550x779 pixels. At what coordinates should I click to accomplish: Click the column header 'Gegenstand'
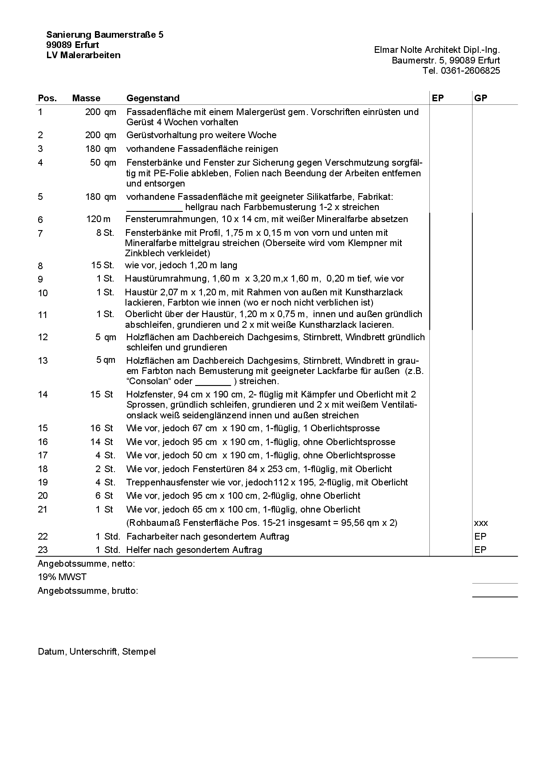click(153, 98)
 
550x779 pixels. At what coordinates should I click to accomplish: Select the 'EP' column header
click(437, 98)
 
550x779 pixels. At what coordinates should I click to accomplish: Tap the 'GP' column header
click(480, 98)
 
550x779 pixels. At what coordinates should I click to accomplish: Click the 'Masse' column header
click(86, 98)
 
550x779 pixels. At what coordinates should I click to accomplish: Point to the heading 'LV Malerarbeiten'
click(83, 56)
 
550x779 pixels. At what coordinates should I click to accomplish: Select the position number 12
click(43, 337)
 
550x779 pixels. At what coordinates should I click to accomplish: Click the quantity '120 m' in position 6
click(98, 219)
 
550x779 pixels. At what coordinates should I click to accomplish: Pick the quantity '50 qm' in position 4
click(103, 163)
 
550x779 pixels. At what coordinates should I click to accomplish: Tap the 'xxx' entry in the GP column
click(481, 523)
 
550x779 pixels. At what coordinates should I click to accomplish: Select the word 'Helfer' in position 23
click(139, 550)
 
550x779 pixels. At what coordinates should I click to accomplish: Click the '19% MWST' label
click(62, 577)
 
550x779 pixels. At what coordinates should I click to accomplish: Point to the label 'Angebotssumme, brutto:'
click(88, 591)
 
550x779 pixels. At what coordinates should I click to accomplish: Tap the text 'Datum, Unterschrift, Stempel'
click(97, 652)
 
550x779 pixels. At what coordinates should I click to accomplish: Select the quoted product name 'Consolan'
click(147, 382)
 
